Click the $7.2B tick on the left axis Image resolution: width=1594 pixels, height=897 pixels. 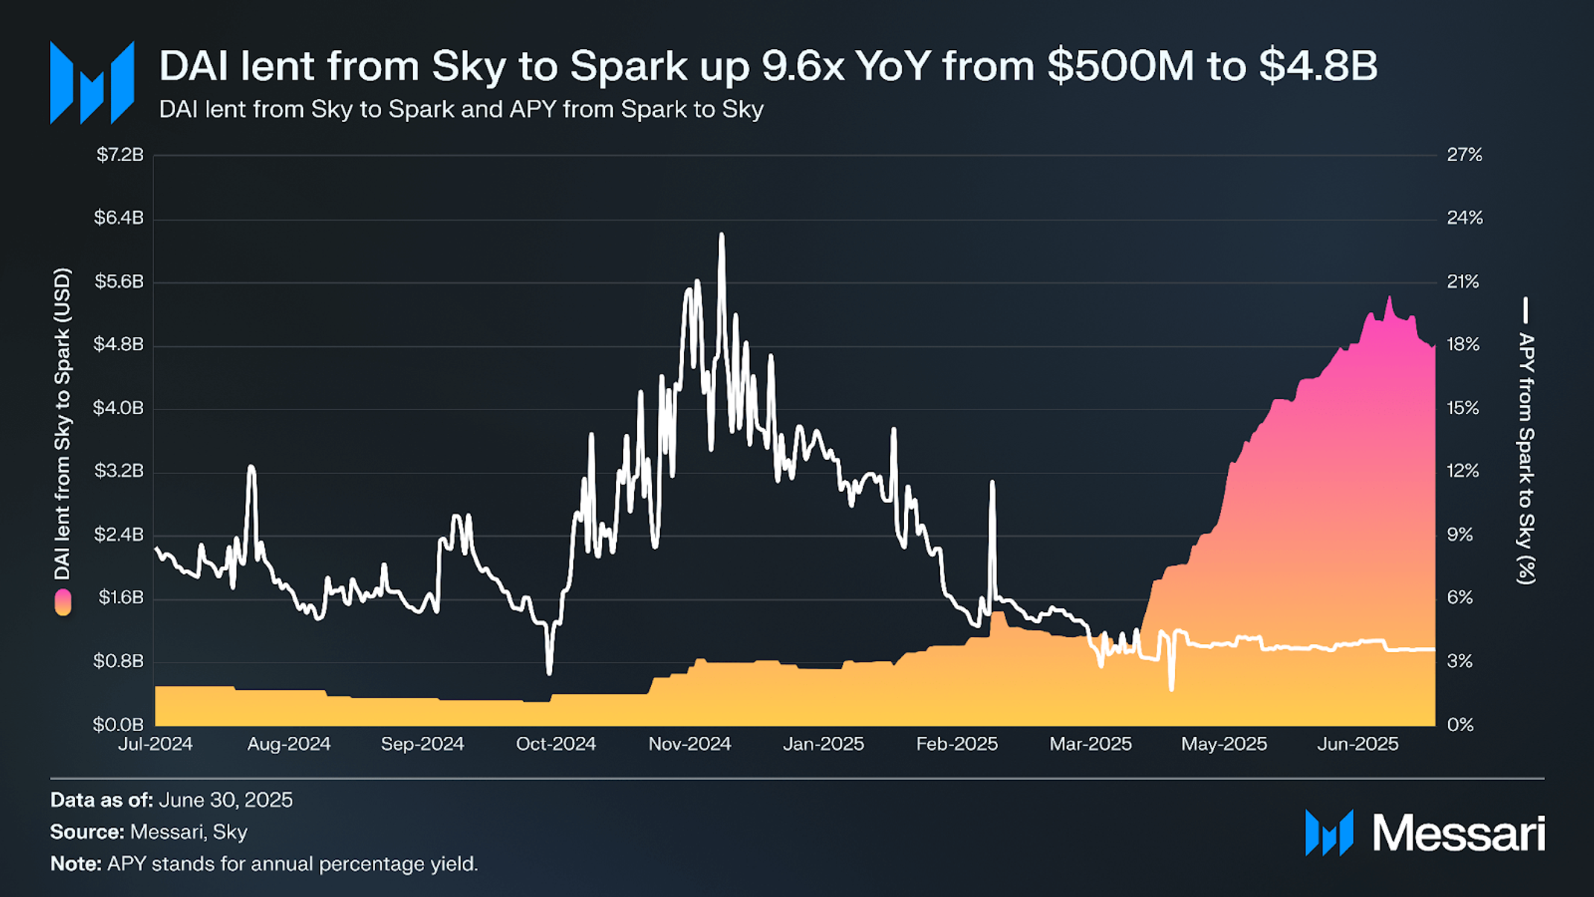120,155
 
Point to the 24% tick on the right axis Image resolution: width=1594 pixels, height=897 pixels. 1464,218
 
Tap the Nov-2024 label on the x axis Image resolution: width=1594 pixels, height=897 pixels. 690,744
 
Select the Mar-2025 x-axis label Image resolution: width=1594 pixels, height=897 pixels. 1090,744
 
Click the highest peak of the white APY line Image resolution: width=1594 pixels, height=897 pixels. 721,235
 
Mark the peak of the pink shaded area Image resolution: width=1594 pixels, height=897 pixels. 1389,298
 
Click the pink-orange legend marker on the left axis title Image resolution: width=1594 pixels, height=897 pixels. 63,602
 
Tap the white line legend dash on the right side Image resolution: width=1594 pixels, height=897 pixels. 1525,310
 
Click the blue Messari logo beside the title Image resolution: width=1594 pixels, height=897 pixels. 92,83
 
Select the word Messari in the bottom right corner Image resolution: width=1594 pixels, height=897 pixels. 1458,833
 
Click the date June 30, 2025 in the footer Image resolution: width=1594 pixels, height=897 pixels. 225,800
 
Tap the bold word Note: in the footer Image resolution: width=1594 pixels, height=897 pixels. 76,864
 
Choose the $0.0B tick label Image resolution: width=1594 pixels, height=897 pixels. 118,724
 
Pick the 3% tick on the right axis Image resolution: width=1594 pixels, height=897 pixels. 1459,661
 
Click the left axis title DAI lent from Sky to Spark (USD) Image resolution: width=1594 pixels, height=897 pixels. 63,424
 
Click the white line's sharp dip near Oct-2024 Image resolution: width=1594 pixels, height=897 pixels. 549,671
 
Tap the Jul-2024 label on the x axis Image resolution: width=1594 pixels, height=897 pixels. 155,744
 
